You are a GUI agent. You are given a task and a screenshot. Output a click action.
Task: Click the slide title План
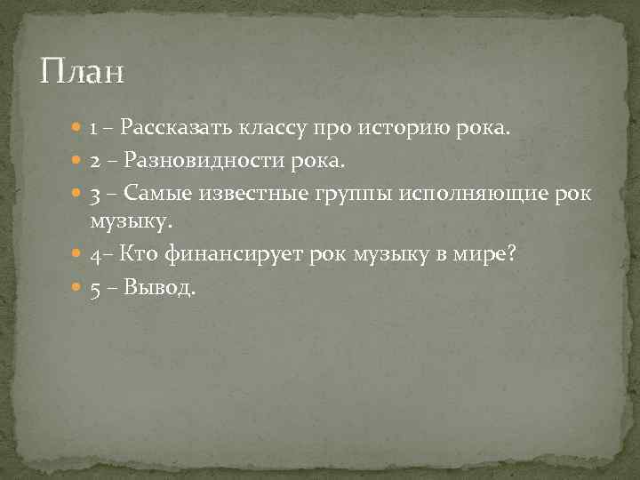tap(83, 71)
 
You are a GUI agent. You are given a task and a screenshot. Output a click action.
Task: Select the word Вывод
tap(159, 289)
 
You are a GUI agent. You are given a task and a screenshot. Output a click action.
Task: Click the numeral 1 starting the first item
tap(93, 130)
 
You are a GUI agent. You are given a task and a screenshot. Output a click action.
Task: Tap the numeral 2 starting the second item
tap(94, 162)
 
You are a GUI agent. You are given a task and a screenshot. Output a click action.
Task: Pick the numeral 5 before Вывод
tap(94, 289)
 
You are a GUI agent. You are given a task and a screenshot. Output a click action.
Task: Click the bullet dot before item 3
tap(78, 194)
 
